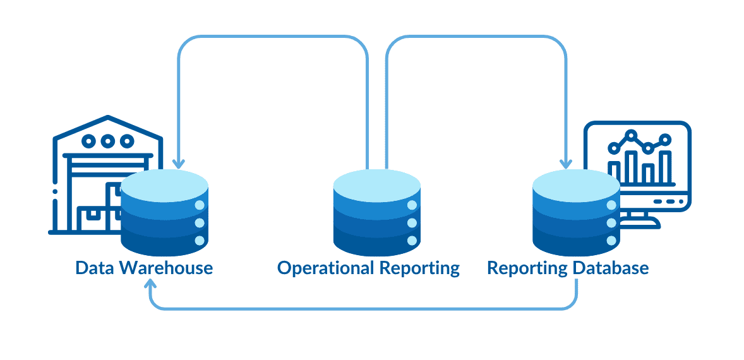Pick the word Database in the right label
point(611,268)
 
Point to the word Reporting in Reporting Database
point(527,268)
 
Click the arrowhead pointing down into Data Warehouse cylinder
point(179,164)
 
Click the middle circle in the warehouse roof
point(108,141)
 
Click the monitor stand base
point(639,223)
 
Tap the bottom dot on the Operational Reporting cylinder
point(412,241)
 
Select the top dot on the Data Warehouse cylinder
point(200,205)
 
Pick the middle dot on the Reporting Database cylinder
point(611,223)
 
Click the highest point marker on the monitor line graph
point(630,135)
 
